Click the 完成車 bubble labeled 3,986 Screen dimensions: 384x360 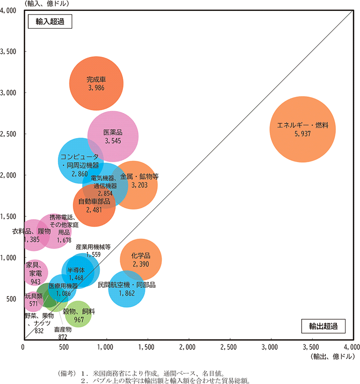96,83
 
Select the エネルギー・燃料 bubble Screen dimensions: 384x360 303,129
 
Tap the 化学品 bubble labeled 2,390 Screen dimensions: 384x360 140,260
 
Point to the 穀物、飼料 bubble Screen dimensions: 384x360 78,314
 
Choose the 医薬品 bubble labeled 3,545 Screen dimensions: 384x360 113,136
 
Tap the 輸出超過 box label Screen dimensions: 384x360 323,326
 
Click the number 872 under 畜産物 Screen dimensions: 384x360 63,337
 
